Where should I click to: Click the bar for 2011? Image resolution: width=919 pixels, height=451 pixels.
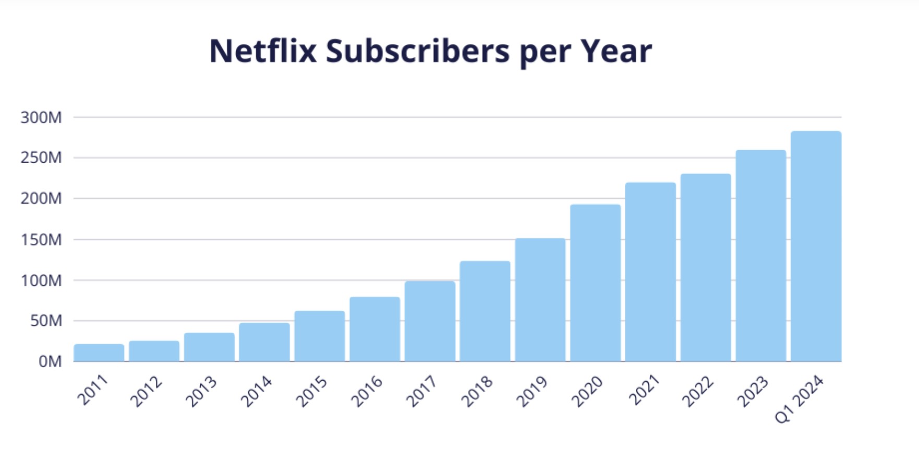[x=99, y=353]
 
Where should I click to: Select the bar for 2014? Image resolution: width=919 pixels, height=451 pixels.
[x=264, y=342]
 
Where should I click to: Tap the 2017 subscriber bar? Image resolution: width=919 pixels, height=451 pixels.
[x=430, y=321]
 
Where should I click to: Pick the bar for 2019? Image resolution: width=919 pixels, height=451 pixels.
[x=540, y=300]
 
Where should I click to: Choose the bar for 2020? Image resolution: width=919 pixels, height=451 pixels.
[x=595, y=283]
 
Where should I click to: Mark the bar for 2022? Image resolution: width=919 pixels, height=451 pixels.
[x=706, y=267]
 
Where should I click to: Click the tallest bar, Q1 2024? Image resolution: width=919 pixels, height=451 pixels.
[x=816, y=246]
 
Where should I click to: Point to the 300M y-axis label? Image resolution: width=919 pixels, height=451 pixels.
[x=41, y=118]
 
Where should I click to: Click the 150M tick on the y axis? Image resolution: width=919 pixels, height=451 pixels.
[x=41, y=240]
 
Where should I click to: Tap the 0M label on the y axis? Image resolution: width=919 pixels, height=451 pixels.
[x=50, y=361]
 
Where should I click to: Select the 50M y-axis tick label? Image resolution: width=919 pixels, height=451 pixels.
[x=46, y=321]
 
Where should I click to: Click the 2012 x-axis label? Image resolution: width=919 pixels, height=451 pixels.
[x=146, y=392]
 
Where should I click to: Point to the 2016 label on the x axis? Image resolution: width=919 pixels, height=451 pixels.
[x=367, y=392]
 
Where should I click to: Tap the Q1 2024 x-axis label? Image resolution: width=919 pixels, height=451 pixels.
[x=799, y=399]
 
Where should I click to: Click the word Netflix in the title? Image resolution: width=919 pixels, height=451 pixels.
[x=263, y=51]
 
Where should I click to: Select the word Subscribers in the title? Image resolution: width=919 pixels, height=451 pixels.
[x=417, y=51]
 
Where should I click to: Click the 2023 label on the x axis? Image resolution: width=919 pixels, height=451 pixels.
[x=752, y=392]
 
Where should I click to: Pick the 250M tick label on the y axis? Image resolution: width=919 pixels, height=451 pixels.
[x=41, y=157]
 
